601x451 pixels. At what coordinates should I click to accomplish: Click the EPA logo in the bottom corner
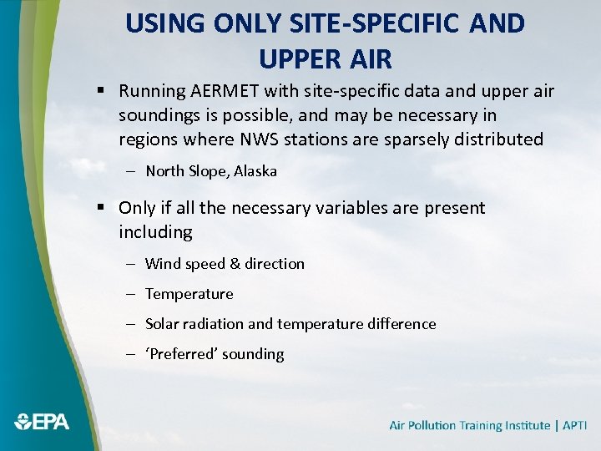[42, 422]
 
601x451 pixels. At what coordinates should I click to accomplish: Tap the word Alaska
[255, 171]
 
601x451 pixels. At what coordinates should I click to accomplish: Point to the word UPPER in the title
[297, 58]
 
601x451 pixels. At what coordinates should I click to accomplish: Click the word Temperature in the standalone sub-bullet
[189, 294]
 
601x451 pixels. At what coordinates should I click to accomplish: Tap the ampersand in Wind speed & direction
[235, 264]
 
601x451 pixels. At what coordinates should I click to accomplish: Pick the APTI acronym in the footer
[575, 425]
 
